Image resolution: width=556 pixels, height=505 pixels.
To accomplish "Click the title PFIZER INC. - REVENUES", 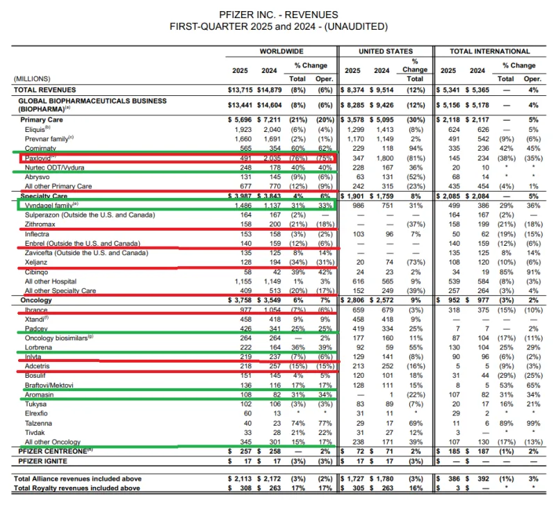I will click(x=278, y=14).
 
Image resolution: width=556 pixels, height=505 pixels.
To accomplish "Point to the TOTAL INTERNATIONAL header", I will click(x=490, y=51).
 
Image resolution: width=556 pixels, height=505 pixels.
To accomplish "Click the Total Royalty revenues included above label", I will click(x=78, y=488).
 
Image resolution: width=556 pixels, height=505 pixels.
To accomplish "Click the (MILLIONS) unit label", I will click(x=32, y=78).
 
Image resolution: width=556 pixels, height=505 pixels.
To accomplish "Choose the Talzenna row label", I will click(x=39, y=422).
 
